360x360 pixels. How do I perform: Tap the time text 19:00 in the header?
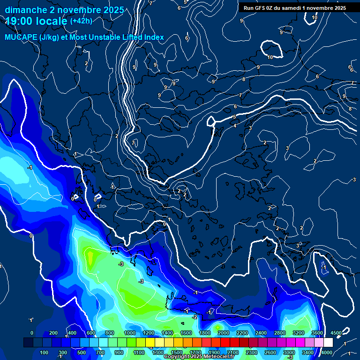click(x=20, y=21)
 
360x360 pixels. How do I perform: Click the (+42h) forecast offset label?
click(x=81, y=21)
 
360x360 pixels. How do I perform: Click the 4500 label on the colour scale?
click(x=336, y=333)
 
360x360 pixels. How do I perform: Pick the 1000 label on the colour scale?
click(x=129, y=333)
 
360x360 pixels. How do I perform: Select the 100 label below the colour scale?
click(x=44, y=352)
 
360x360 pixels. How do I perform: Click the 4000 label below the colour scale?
click(x=327, y=352)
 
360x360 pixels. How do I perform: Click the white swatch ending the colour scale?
click(x=328, y=343)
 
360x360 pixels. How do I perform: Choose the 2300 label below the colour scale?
click(x=251, y=352)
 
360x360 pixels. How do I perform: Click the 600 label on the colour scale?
click(x=91, y=333)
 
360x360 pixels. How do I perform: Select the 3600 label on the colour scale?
click(x=317, y=333)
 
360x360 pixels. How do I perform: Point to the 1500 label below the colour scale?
click(x=176, y=352)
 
